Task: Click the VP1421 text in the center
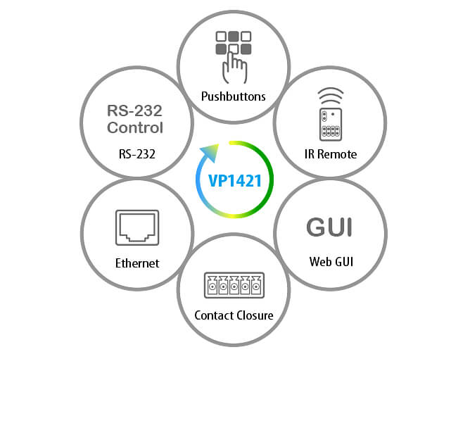[235, 181]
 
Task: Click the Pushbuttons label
[234, 96]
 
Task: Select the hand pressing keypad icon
[234, 57]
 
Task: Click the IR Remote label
[331, 153]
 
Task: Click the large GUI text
[329, 227]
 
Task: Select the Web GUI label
[331, 262]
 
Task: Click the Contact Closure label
[234, 315]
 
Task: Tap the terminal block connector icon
[234, 284]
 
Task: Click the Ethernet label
[137, 263]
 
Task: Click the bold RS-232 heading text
[135, 111]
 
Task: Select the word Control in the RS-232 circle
[135, 128]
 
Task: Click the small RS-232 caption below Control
[136, 153]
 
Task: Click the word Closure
[254, 315]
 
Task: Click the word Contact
[214, 315]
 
